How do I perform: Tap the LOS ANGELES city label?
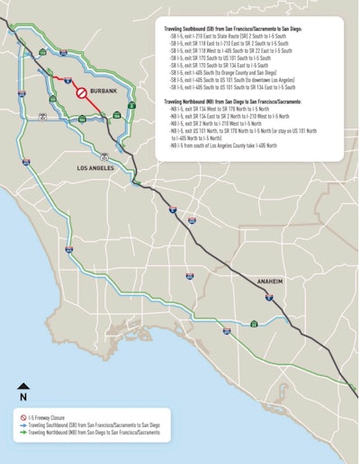tap(97, 166)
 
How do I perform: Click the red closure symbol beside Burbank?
tap(80, 92)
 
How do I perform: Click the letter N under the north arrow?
tap(24, 397)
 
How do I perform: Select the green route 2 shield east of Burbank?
tap(119, 114)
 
